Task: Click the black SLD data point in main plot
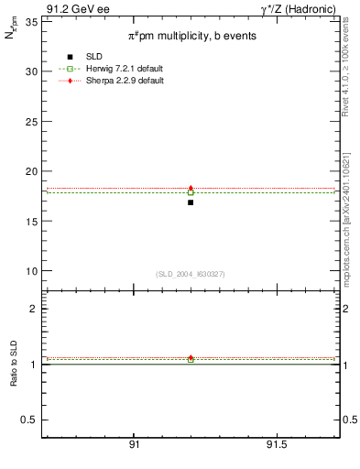click(191, 202)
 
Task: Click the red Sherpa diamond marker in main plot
click(191, 188)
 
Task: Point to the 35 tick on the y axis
click(33, 21)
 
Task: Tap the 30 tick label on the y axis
click(33, 71)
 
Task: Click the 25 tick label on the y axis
click(33, 121)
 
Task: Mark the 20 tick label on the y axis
click(33, 171)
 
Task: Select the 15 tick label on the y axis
click(33, 221)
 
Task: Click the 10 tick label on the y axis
click(33, 271)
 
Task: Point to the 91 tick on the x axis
click(134, 444)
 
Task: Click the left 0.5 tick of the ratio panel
click(31, 420)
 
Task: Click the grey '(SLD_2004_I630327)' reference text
click(191, 274)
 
